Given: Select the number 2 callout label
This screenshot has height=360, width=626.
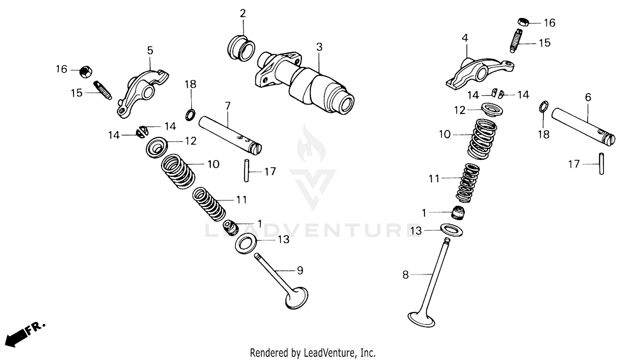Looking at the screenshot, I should coord(242,13).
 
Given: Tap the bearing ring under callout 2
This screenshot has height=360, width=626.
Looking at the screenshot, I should coord(242,48).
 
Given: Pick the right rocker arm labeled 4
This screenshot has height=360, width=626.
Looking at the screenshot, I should coord(478,73).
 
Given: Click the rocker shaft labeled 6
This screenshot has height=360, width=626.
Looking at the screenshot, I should coord(583,125).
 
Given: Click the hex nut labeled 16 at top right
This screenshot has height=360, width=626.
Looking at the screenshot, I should coord(524,22).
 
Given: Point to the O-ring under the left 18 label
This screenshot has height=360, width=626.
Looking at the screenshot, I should coord(190,114).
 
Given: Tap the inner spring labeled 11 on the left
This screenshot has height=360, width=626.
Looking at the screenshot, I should coord(209,204).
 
